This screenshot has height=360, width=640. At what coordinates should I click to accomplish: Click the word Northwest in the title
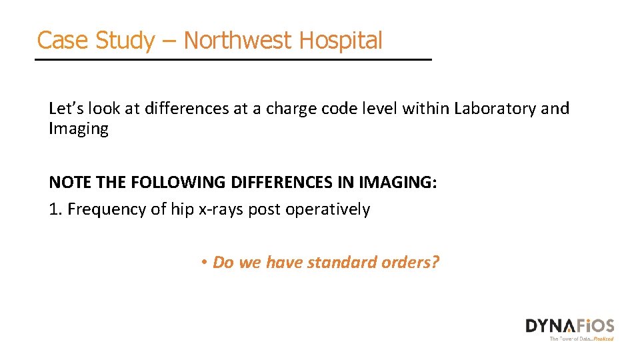237,41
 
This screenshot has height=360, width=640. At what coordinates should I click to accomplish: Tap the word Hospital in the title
341,41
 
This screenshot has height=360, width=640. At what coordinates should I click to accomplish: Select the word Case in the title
62,41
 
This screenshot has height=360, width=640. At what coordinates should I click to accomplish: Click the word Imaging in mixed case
79,128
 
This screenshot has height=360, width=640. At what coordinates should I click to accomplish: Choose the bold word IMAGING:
398,183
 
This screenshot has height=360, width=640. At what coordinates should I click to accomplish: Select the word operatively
328,210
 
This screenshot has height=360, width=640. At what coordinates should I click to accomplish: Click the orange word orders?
411,263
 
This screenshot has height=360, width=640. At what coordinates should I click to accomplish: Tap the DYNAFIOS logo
569,326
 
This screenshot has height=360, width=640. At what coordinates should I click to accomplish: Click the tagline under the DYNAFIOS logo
581,339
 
